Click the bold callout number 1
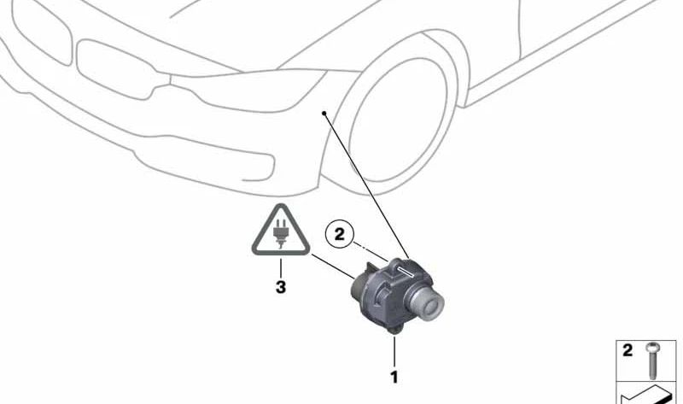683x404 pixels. point(394,377)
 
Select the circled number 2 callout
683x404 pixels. point(340,235)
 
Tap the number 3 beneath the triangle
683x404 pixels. point(281,287)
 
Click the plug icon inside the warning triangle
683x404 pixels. point(281,233)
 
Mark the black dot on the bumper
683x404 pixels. point(324,114)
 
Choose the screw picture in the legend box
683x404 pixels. point(653,360)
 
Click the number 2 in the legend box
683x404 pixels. point(628,350)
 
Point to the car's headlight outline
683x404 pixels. point(248,90)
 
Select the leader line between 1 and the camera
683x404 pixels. point(394,351)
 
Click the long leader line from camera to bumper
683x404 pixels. point(366,185)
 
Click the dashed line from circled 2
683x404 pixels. point(371,252)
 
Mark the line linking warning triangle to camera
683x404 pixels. point(333,266)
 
